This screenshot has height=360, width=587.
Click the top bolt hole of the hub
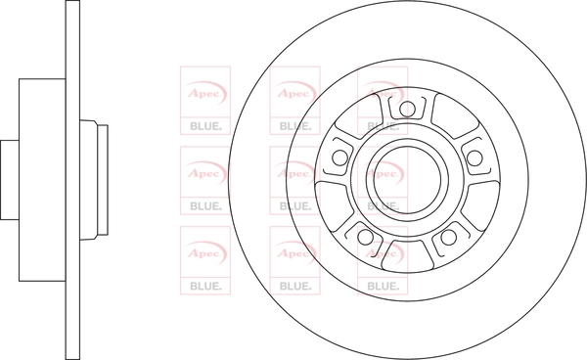(407, 110)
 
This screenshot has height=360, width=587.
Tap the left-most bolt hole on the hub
(339, 157)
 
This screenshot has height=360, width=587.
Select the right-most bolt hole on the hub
(474, 157)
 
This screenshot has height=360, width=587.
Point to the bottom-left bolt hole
(365, 237)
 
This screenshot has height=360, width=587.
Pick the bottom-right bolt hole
(448, 237)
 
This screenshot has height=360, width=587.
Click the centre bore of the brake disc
(407, 180)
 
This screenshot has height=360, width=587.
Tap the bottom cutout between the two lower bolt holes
(407, 256)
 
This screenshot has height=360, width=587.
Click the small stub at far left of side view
(10, 180)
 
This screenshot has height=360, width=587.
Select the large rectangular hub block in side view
(42, 180)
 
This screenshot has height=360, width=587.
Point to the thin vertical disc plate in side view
(72, 180)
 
